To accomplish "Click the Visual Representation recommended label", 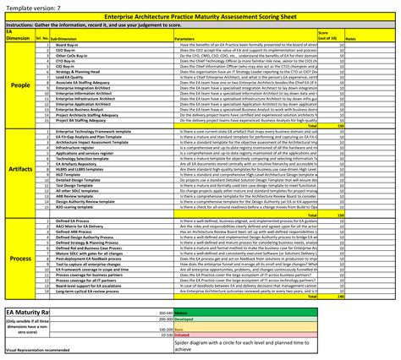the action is (x=38, y=349).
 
